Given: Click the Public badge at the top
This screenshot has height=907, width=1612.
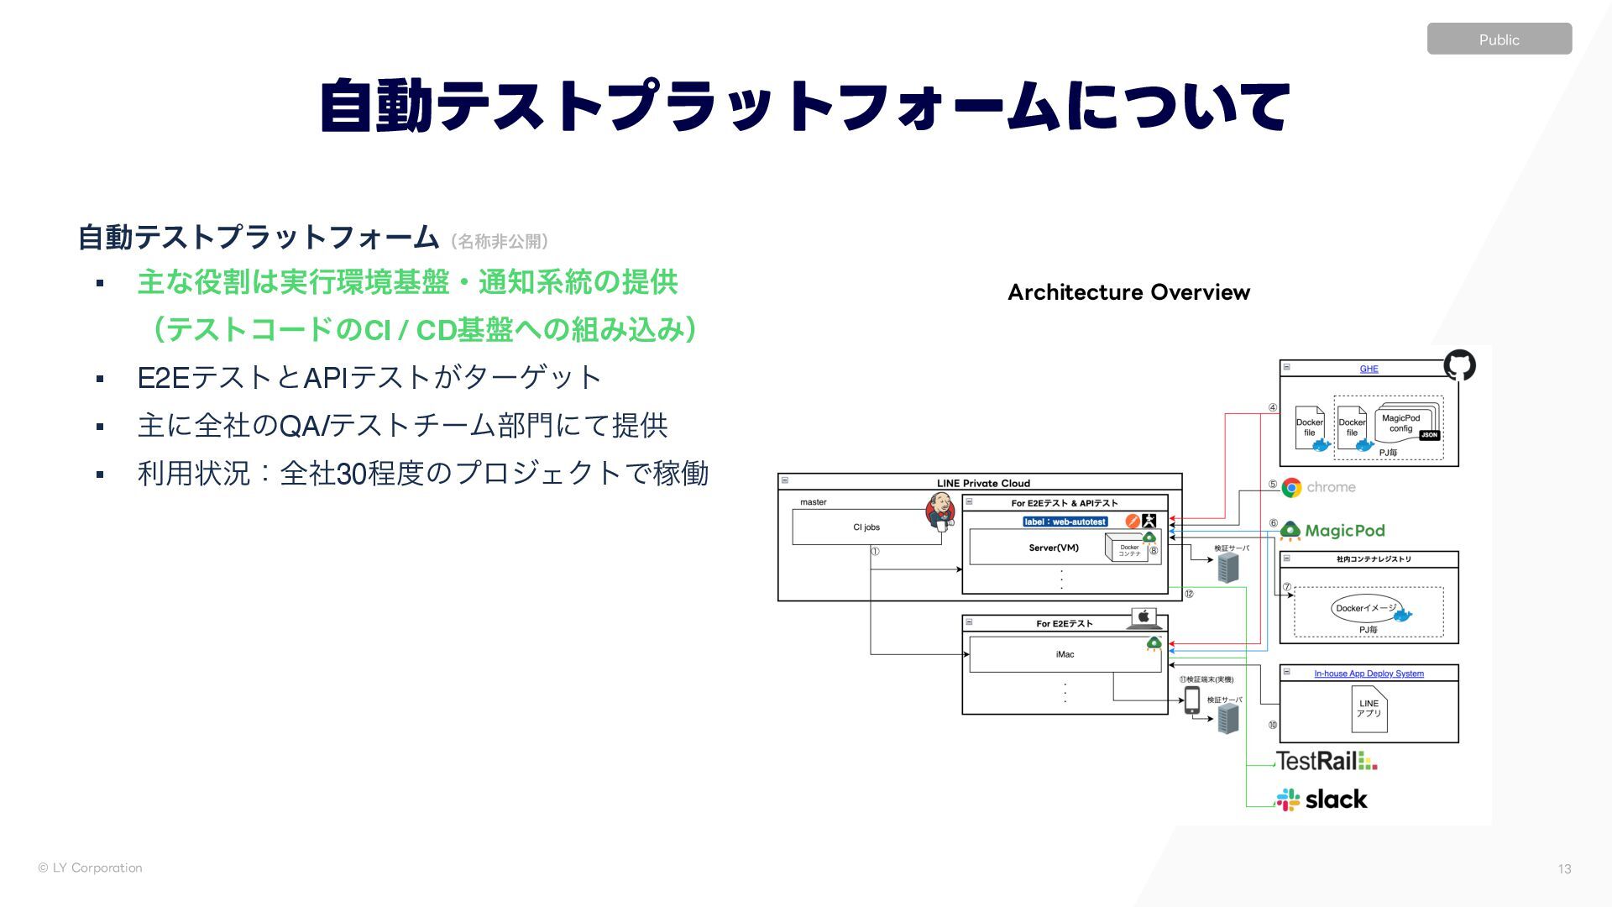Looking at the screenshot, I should point(1499,39).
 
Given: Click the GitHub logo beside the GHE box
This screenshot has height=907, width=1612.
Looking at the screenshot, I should point(1459,365).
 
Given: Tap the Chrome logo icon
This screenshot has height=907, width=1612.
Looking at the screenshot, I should point(1291,487).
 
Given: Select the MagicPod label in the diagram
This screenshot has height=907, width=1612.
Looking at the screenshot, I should point(1344,531).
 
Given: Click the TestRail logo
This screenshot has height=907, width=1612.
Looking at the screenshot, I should point(1327,761).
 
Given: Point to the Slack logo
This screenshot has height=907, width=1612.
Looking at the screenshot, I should point(1322,800).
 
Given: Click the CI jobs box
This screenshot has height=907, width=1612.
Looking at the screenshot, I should point(866,527).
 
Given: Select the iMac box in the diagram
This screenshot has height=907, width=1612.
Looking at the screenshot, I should point(1065,654).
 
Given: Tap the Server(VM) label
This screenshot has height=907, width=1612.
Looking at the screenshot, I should point(1054,548).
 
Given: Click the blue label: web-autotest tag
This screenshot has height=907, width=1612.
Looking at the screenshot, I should point(1065,522).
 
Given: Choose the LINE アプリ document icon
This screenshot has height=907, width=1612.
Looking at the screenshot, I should point(1369,709).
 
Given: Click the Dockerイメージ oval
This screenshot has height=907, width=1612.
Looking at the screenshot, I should point(1366,608).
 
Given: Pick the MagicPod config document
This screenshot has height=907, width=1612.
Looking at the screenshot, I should point(1401,423).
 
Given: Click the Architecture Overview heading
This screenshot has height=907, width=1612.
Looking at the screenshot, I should point(1128,292).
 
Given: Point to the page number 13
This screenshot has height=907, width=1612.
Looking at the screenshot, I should point(1564,869).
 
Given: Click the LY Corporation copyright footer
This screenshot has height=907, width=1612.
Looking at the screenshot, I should point(90,868).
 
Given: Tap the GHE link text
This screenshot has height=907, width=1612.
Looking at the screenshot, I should point(1369,369).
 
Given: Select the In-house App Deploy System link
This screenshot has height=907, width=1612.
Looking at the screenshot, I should point(1369,674).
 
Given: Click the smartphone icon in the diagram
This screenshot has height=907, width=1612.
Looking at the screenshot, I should point(1192,700).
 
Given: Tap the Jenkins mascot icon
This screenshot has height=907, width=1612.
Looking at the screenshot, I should point(940,511).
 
